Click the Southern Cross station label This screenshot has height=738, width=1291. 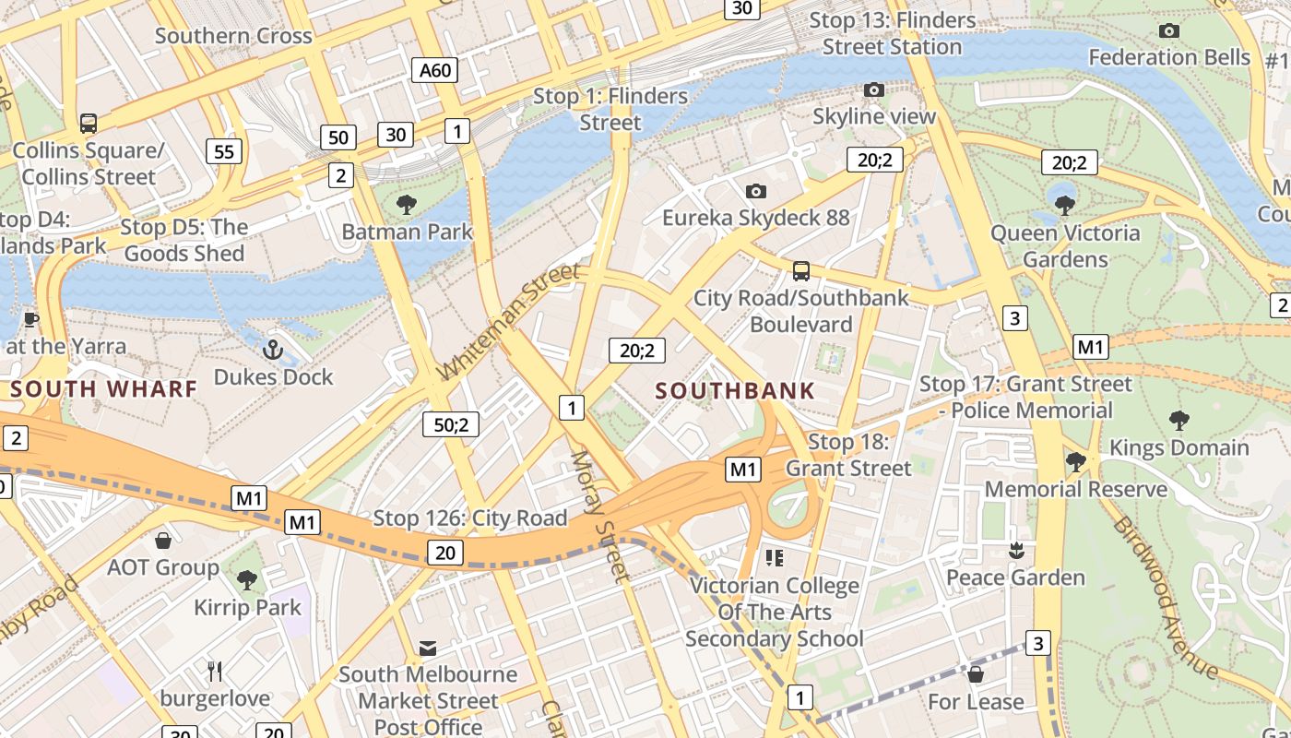(233, 36)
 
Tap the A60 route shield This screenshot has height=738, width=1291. (434, 70)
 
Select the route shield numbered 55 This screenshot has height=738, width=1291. (224, 151)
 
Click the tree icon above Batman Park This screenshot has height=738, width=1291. (406, 205)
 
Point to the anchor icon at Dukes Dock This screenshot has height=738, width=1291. (272, 350)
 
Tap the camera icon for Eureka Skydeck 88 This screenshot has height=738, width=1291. (756, 191)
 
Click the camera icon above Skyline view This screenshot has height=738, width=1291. (873, 89)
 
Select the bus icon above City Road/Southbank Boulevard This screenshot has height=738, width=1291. (800, 271)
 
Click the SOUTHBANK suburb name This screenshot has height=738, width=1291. (735, 390)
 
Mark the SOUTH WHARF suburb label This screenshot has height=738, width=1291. (104, 388)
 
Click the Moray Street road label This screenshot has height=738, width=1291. (600, 515)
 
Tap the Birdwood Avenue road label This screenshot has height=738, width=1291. (1167, 597)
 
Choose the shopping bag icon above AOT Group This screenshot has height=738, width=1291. (163, 540)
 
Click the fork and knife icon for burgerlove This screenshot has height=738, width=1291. (215, 671)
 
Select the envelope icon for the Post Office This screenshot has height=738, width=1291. (428, 648)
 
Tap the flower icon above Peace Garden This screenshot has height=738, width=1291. (1015, 551)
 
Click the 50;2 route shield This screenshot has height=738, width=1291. (451, 424)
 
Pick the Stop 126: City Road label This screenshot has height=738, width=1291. (469, 518)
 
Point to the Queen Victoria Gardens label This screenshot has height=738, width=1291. (1065, 245)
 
